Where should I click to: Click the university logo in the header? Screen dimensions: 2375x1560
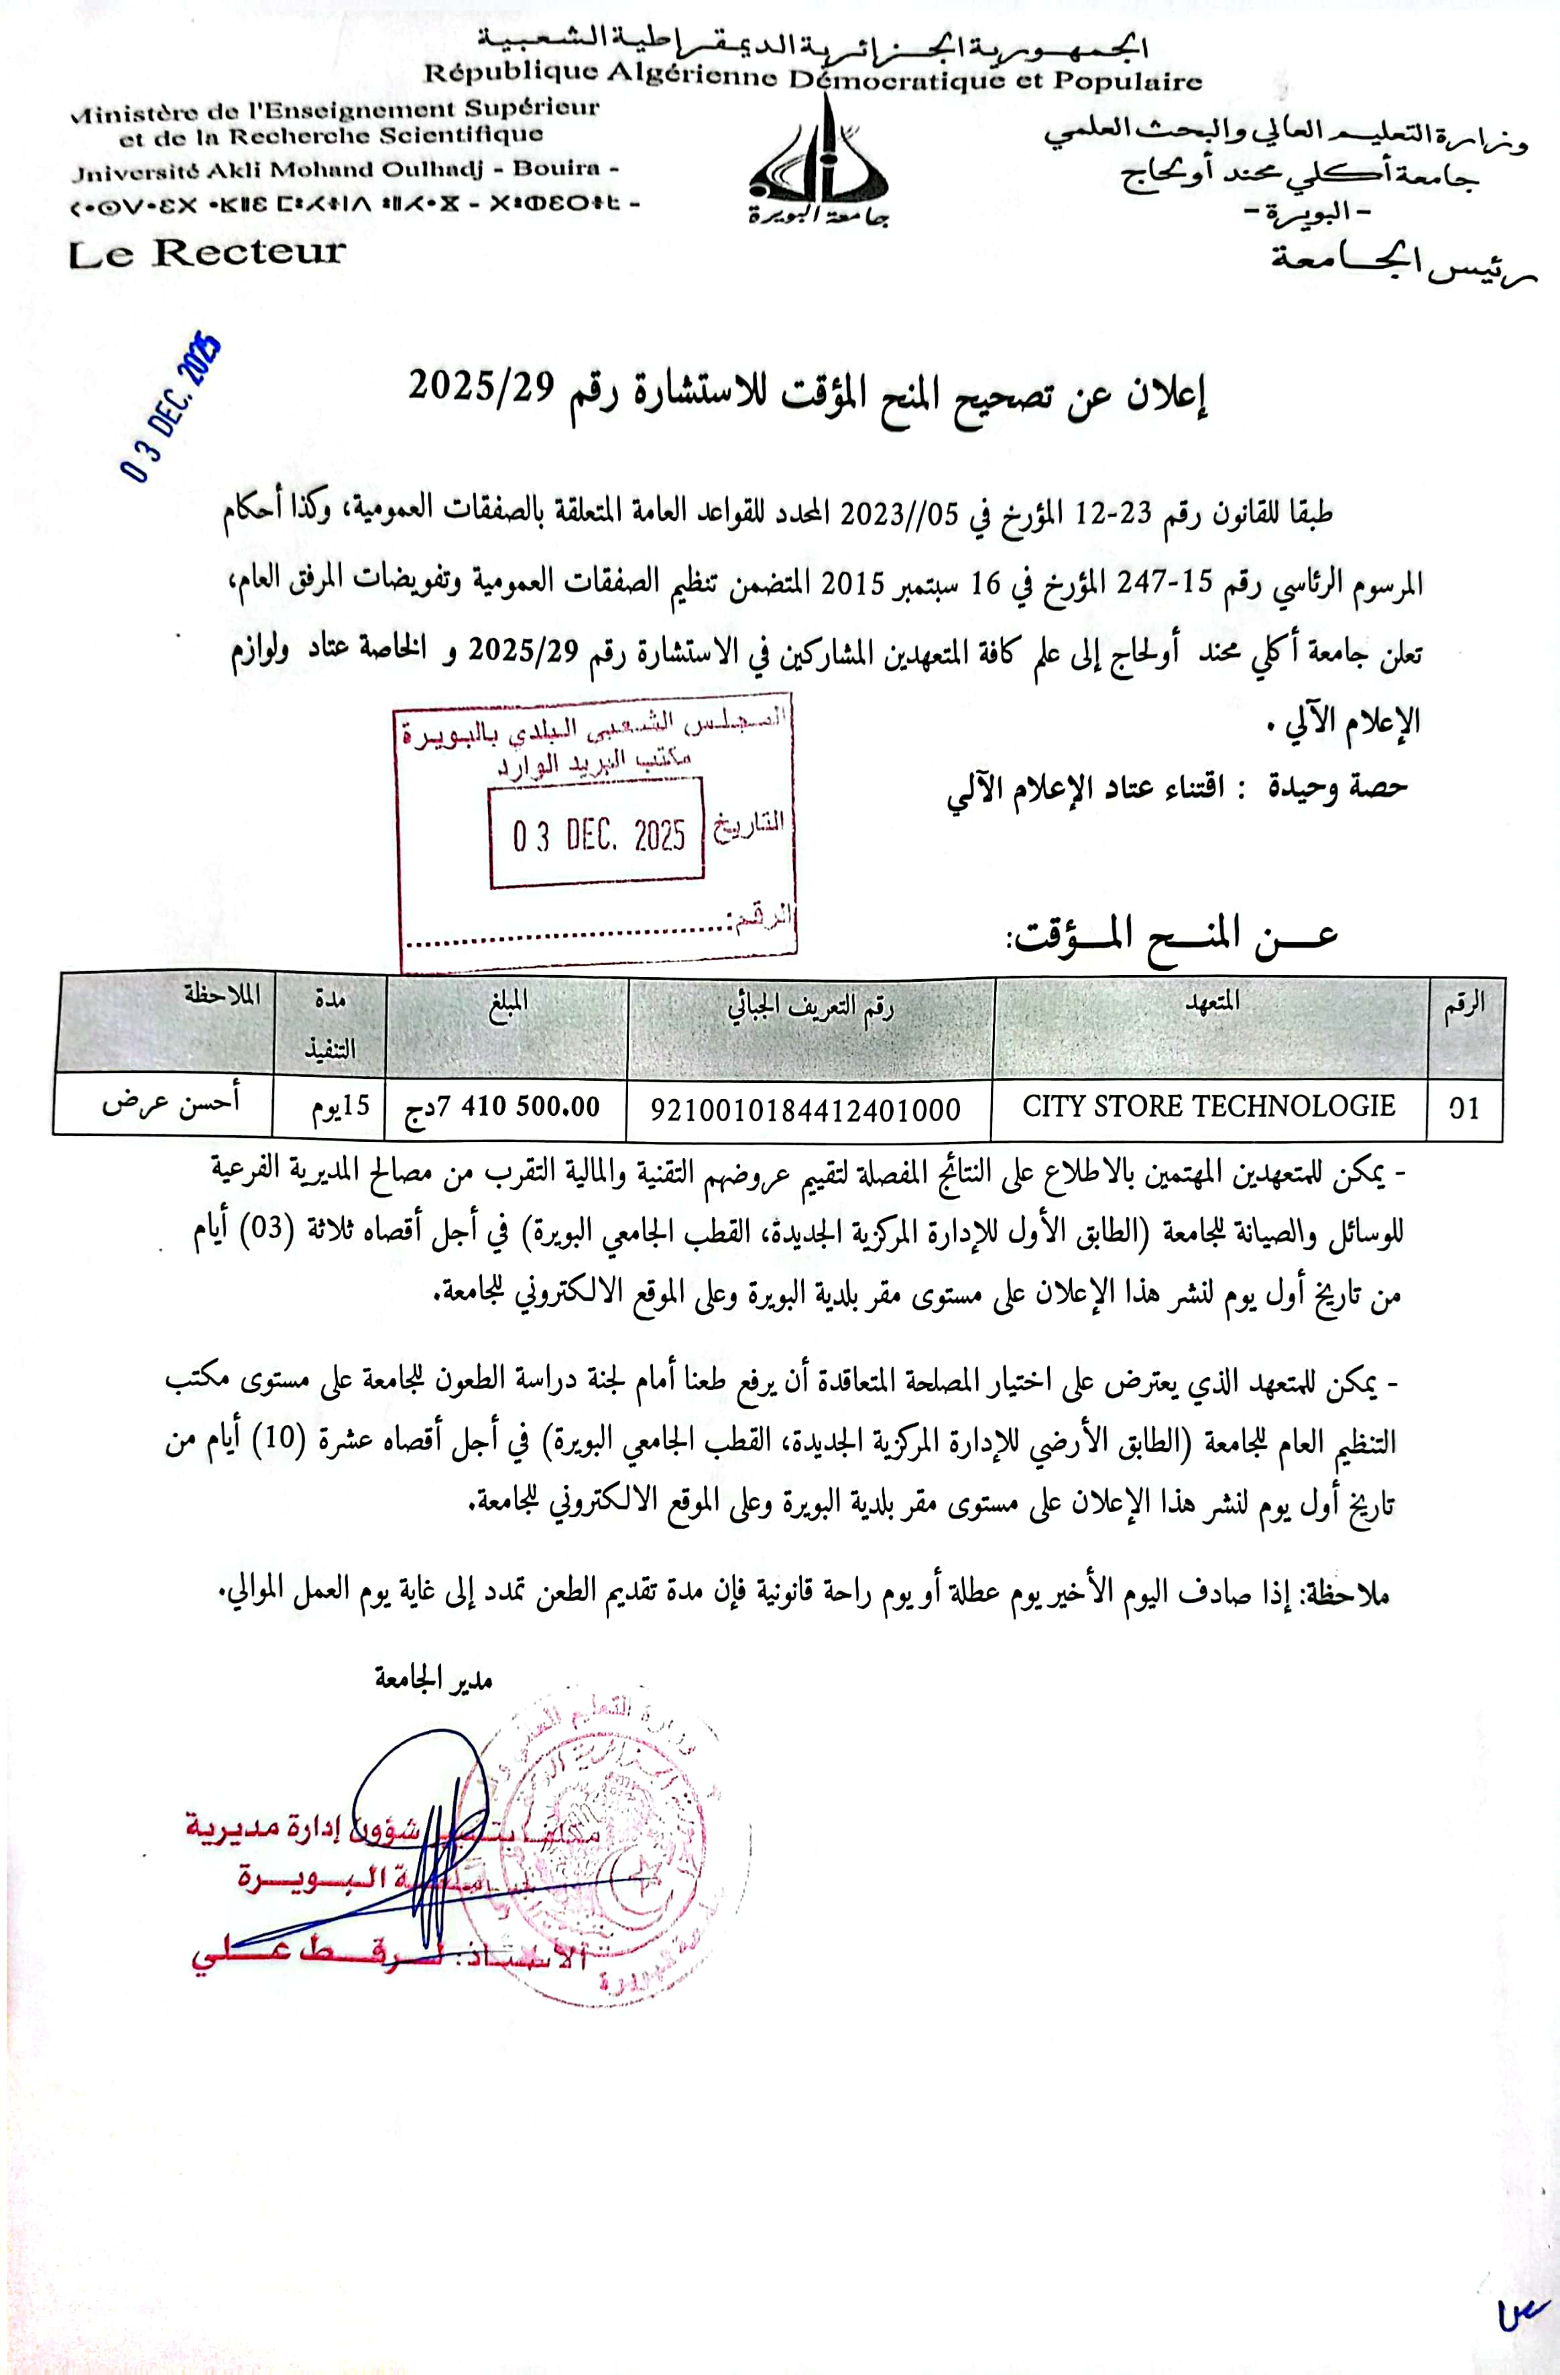pos(819,165)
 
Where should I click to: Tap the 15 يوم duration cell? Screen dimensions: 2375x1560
pos(329,1106)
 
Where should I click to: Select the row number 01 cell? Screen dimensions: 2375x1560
pos(1464,1108)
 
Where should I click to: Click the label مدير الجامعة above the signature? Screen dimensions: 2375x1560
pos(434,1679)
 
